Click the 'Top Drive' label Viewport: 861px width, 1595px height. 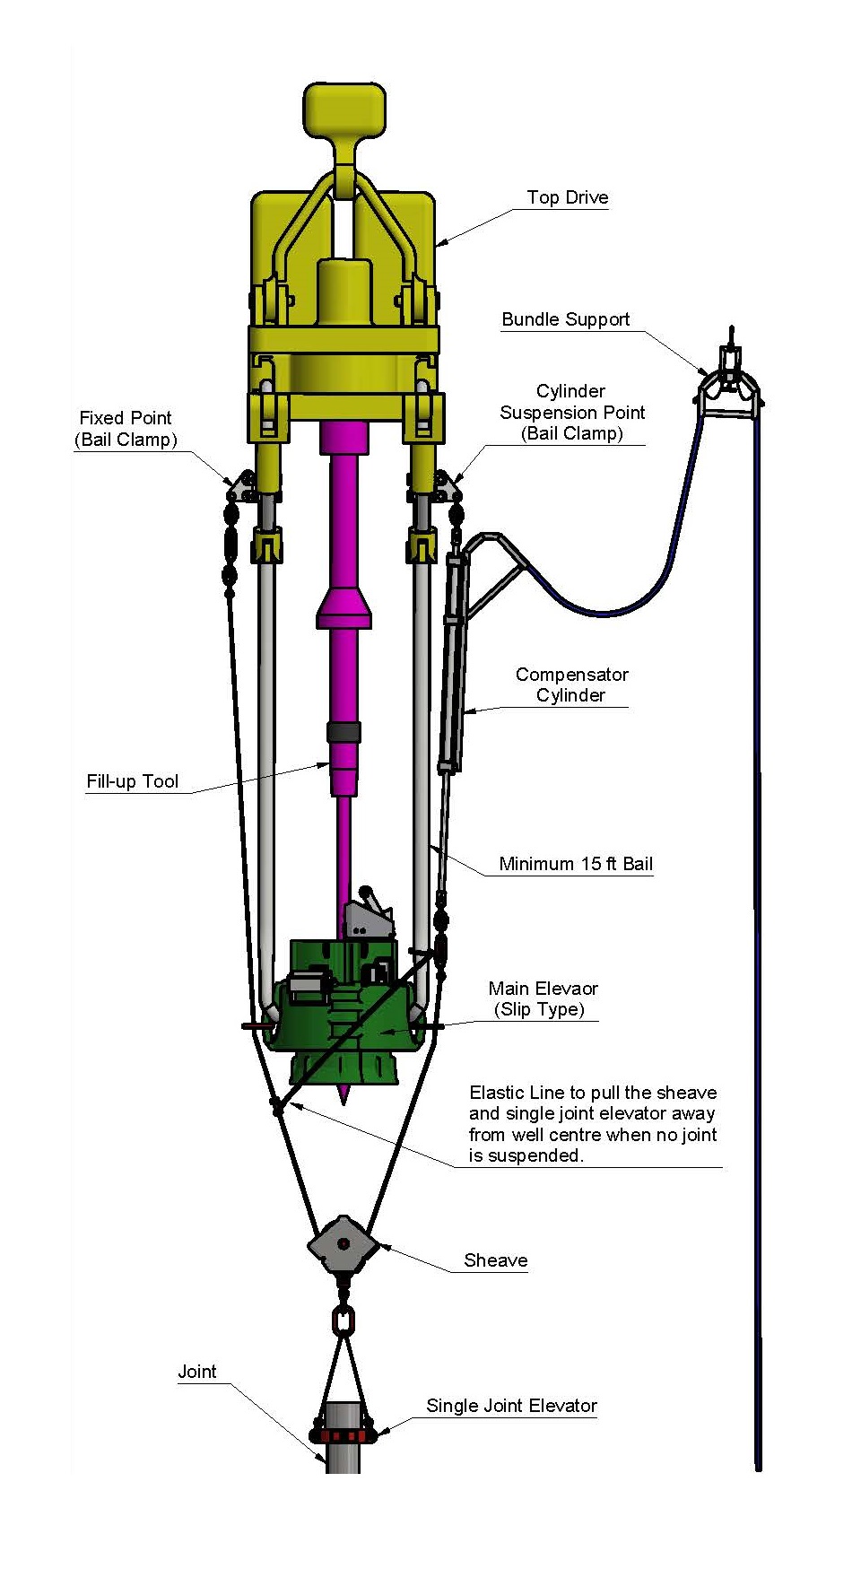(567, 197)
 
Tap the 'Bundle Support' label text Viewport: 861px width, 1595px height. (565, 319)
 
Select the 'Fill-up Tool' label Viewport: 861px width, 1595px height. (133, 781)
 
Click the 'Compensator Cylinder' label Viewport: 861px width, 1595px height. (571, 684)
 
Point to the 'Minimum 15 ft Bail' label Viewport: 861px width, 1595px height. (576, 864)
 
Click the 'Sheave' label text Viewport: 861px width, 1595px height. (495, 1260)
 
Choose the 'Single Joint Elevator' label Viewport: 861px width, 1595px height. (511, 1406)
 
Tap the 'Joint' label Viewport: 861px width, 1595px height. (196, 1372)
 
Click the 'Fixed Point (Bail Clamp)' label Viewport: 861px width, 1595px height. (126, 429)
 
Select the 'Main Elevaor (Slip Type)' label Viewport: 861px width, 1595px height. (542, 998)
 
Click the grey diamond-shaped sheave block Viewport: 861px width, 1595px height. (343, 1244)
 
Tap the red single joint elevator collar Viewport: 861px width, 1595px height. (342, 1434)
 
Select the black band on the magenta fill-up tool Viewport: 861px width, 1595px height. (344, 731)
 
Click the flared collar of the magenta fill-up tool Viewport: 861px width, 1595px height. (344, 610)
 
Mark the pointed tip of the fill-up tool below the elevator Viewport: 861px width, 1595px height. (344, 1096)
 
